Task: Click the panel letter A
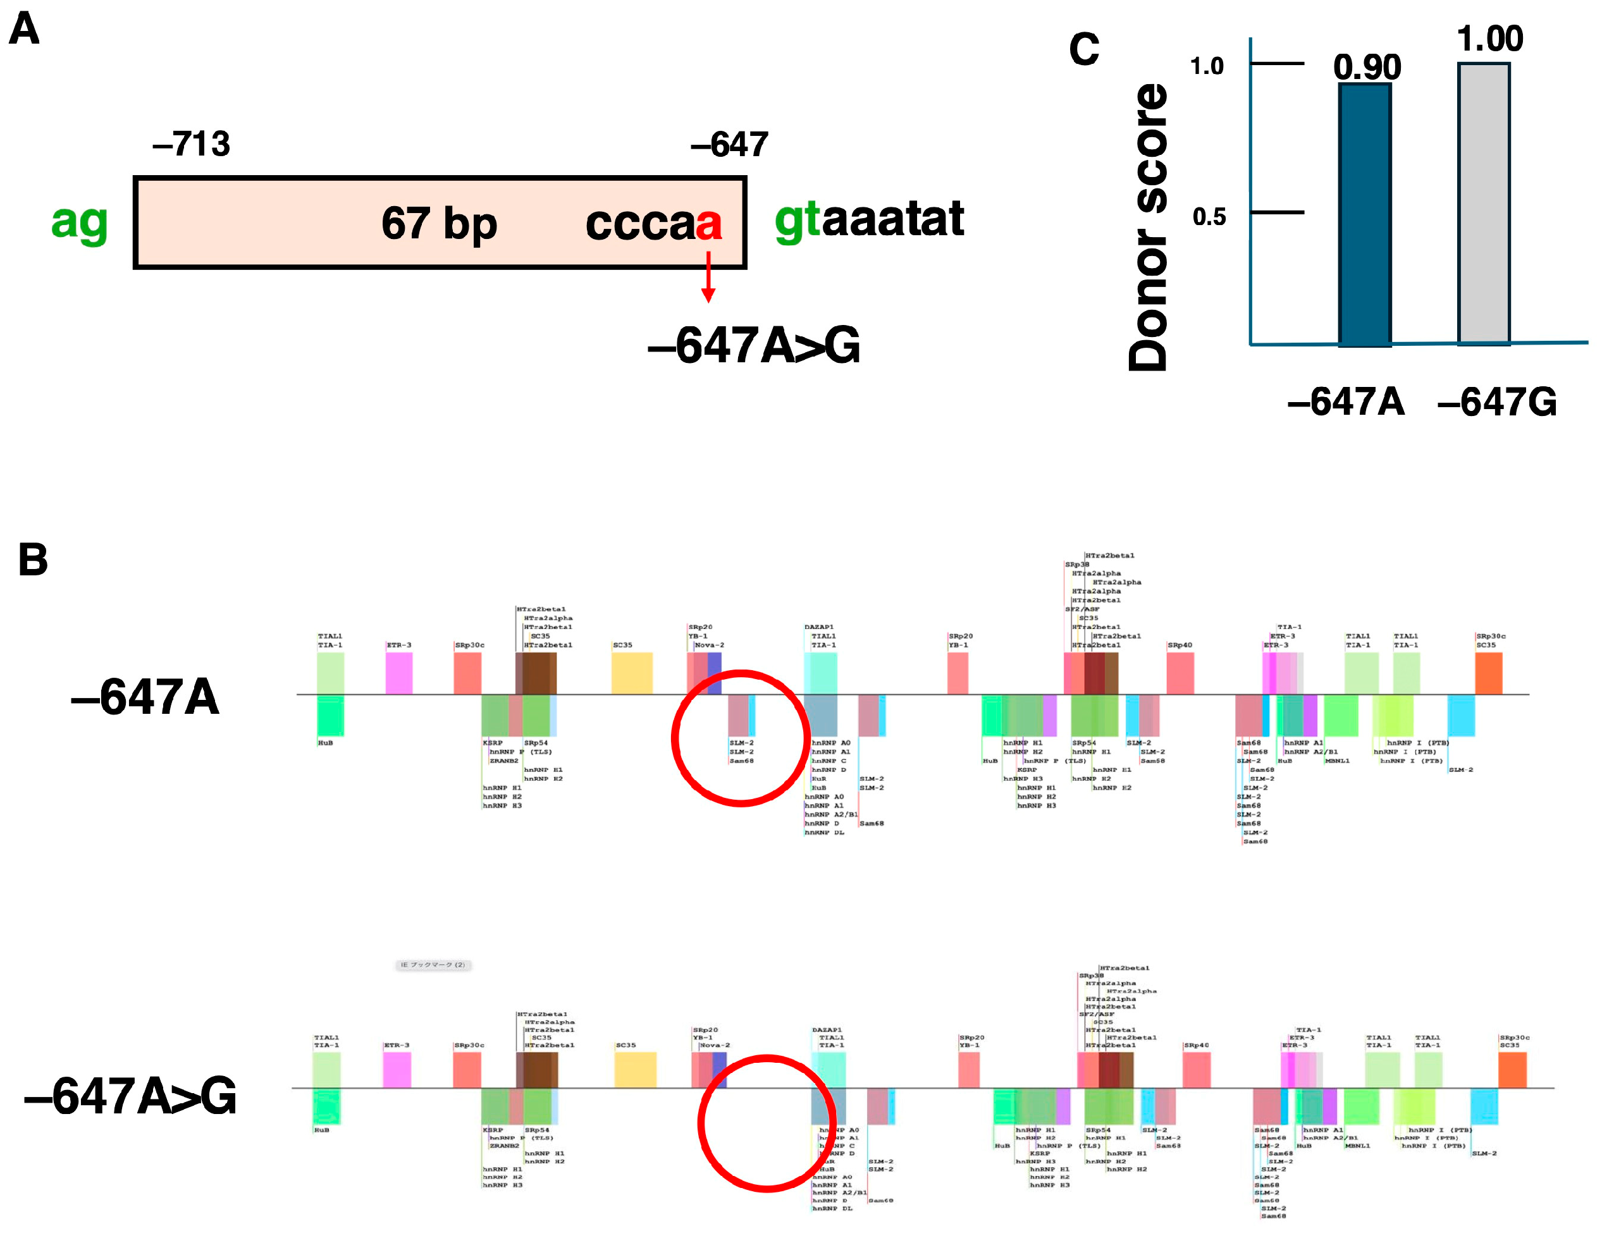point(24,29)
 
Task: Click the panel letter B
point(33,560)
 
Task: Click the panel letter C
point(1084,50)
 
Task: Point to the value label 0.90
point(1367,68)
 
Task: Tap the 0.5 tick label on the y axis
point(1208,217)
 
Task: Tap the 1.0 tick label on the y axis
point(1207,67)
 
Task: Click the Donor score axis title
point(1148,228)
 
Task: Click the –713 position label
point(192,144)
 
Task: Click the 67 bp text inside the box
point(439,223)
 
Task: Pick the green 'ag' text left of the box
point(79,221)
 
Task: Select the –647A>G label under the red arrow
point(753,345)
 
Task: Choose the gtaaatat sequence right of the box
point(869,219)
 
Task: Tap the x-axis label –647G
point(1496,402)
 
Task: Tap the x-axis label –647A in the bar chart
point(1346,402)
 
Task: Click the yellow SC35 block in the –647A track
point(632,673)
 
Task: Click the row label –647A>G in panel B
point(130,1096)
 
